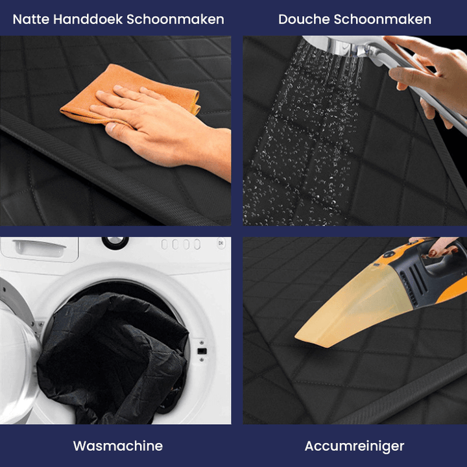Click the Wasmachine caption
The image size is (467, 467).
(x=117, y=446)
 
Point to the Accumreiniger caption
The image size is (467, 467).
(x=354, y=446)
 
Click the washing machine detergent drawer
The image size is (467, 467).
(x=39, y=246)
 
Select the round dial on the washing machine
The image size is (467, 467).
(x=115, y=241)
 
